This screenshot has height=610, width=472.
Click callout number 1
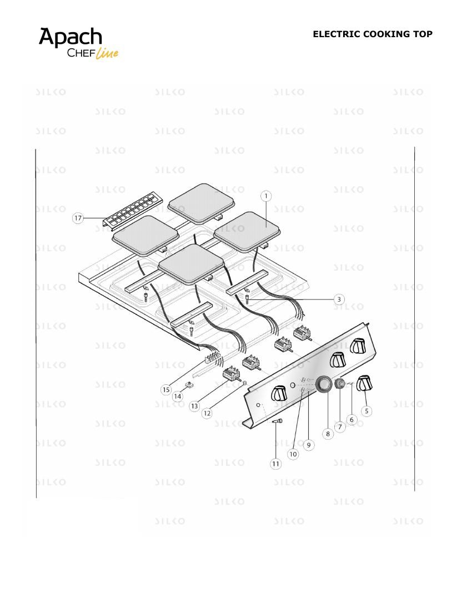266,196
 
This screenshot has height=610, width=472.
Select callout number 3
339,299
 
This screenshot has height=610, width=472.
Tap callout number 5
366,411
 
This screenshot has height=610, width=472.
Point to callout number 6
352,419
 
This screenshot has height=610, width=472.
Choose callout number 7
340,427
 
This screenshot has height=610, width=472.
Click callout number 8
328,434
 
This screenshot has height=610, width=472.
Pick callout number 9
308,445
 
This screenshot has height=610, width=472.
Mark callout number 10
293,454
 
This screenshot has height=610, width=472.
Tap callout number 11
276,464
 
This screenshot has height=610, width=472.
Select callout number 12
207,413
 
